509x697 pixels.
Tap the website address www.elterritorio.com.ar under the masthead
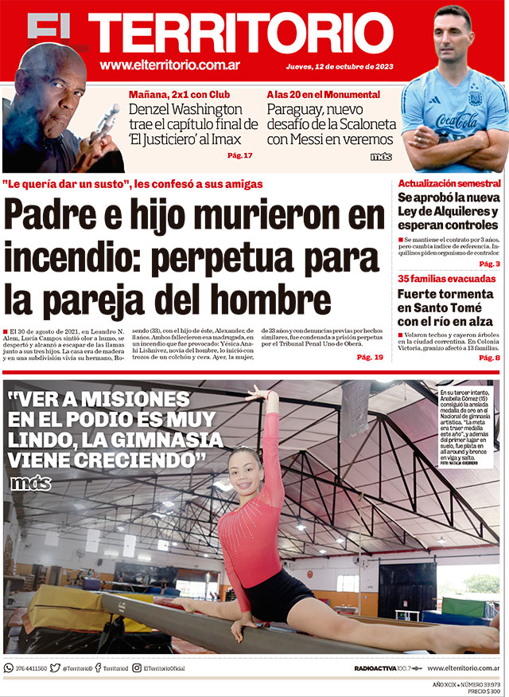(170, 65)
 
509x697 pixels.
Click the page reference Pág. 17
(240, 155)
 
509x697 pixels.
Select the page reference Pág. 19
(370, 358)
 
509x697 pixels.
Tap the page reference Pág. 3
(489, 264)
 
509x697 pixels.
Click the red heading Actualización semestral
(449, 183)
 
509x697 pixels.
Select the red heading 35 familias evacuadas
(446, 279)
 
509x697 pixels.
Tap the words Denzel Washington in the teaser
(185, 109)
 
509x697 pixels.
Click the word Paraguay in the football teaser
(298, 109)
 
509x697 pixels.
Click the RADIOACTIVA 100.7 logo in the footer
(382, 668)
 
